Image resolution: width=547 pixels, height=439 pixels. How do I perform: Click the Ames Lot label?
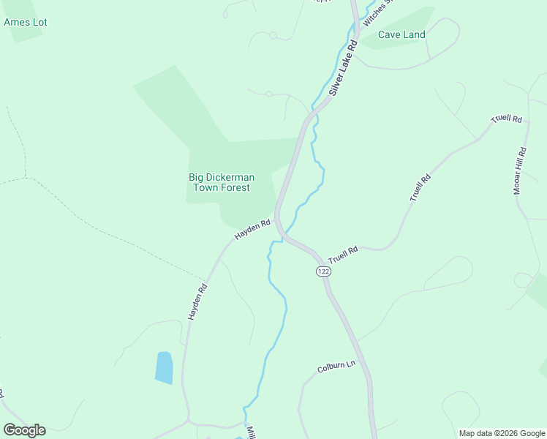[x=26, y=22]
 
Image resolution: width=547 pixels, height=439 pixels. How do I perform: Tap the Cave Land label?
[x=401, y=34]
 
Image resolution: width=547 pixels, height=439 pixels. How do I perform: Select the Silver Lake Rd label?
[x=342, y=68]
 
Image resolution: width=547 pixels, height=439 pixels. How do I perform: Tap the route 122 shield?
[x=324, y=271]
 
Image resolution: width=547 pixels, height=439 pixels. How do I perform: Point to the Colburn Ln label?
[x=336, y=367]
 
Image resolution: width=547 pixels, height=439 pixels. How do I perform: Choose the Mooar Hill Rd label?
[x=520, y=170]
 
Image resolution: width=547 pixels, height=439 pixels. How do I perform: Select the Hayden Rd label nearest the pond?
[x=197, y=301]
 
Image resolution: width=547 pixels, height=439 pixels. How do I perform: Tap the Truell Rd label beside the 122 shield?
[x=343, y=255]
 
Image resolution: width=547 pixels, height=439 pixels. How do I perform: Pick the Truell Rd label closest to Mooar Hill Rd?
[x=508, y=119]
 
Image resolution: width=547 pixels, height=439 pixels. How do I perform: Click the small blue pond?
[x=164, y=367]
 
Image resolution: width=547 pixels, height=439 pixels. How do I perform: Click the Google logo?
[x=24, y=430]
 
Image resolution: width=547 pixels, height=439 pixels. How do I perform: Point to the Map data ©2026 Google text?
[x=501, y=433]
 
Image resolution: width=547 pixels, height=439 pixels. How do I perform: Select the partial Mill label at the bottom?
[x=250, y=432]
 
